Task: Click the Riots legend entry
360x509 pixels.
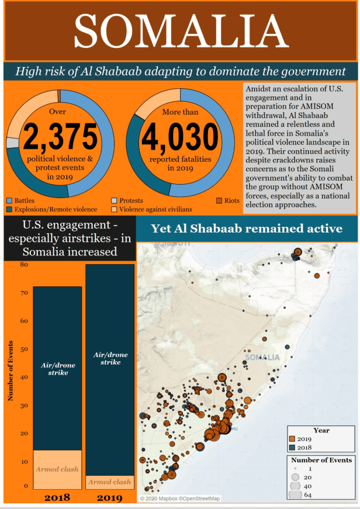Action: tap(231, 200)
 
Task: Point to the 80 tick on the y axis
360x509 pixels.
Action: tap(23, 264)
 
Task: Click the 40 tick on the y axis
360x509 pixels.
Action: tap(23, 377)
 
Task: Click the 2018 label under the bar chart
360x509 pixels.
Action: tap(57, 498)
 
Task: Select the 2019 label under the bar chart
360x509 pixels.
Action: tap(109, 498)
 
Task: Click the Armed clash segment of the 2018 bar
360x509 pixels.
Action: tap(57, 469)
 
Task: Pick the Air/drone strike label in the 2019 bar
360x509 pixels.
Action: tap(110, 358)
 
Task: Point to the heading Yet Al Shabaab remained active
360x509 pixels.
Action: tap(247, 228)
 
